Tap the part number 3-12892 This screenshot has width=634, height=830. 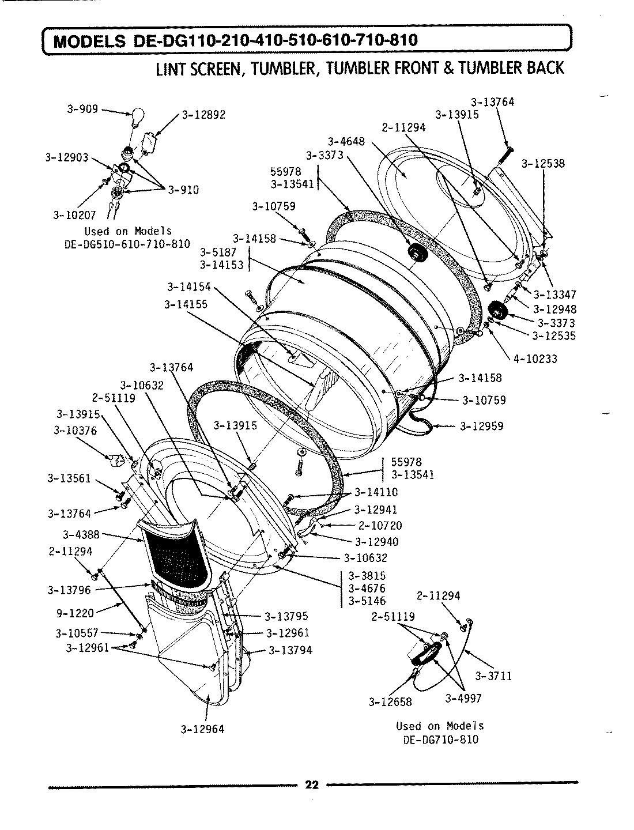(203, 115)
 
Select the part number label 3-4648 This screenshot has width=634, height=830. (346, 142)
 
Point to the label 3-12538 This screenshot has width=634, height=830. (543, 163)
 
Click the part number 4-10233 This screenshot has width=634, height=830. (535, 359)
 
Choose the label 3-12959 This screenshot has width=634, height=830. (481, 426)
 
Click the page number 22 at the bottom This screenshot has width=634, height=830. (312, 785)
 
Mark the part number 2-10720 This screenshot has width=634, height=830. (380, 526)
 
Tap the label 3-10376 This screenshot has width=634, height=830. (75, 430)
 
